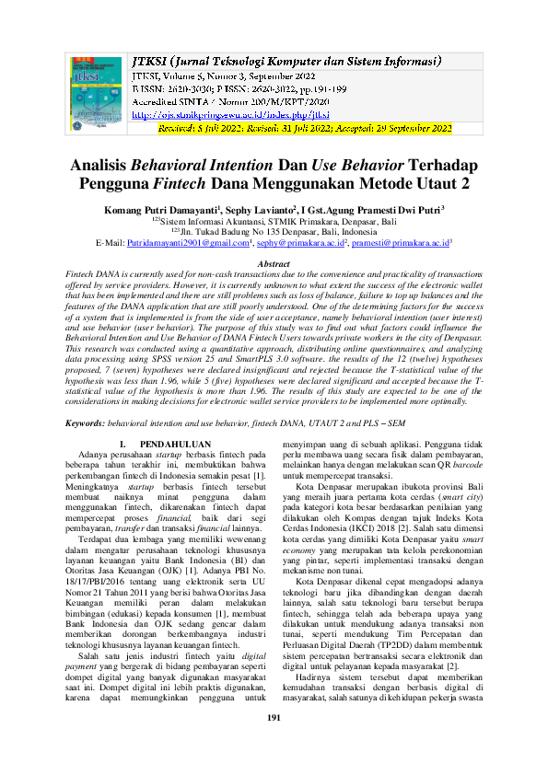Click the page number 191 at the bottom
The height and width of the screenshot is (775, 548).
click(274, 744)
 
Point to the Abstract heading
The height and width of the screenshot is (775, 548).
click(274, 264)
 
